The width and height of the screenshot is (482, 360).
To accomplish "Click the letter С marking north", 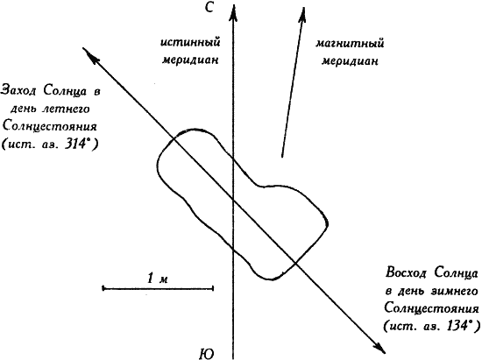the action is tap(209, 7).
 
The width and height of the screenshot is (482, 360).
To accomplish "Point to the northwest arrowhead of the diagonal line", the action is tap(89, 53).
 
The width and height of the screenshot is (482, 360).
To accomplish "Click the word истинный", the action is tap(190, 42).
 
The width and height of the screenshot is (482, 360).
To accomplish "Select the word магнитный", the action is tap(350, 44).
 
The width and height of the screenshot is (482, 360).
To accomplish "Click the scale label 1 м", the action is tap(158, 279).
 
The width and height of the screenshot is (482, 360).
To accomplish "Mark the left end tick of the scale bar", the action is tap(103, 288).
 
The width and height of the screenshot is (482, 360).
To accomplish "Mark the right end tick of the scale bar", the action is tap(213, 288).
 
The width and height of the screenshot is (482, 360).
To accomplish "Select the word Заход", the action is tap(19, 91).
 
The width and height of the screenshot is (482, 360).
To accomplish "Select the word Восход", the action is tap(406, 272).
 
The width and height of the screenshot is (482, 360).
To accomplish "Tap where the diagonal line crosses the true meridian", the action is tap(233, 201).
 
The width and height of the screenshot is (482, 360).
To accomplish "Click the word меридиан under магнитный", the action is tap(350, 61).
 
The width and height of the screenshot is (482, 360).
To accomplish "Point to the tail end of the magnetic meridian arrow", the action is tap(282, 157).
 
